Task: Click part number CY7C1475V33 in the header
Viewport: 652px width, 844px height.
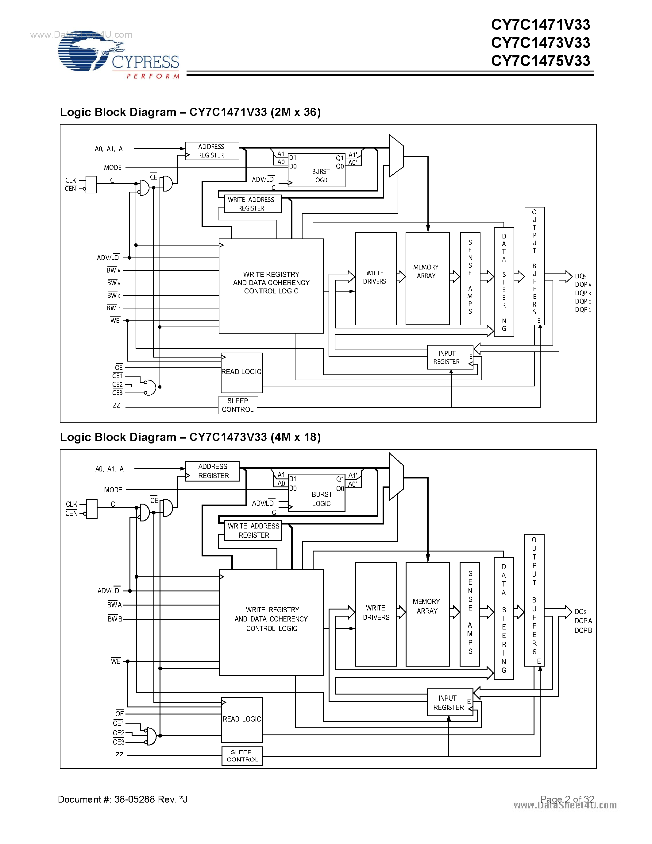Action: click(x=540, y=61)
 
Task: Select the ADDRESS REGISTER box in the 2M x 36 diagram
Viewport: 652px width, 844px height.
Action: click(x=212, y=151)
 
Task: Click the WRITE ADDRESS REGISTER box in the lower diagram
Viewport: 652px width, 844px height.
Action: click(x=253, y=530)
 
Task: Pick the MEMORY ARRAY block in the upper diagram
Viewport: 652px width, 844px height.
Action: click(x=427, y=279)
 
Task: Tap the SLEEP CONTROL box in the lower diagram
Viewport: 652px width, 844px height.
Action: click(x=242, y=756)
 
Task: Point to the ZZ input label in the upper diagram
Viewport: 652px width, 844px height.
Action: click(x=117, y=405)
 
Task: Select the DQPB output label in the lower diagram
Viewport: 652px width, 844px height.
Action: click(x=583, y=630)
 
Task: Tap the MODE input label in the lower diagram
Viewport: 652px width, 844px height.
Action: click(x=113, y=490)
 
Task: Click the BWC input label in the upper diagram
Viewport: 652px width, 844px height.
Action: click(x=114, y=296)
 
